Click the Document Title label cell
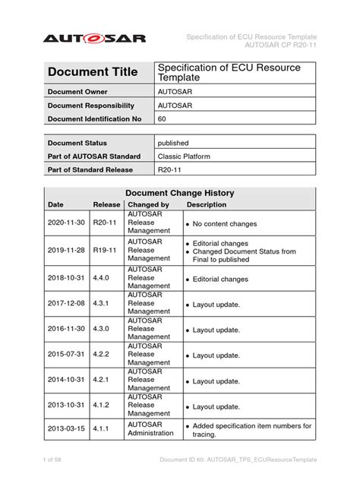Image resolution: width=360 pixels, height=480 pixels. (93, 72)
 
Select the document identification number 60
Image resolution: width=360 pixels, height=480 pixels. (163, 119)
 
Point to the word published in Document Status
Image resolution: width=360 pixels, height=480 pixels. (174, 143)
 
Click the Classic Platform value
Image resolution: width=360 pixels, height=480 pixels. (185, 156)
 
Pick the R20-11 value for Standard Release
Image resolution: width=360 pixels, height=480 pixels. (170, 170)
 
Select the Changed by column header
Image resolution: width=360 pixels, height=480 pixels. (148, 204)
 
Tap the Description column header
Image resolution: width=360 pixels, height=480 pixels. (207, 204)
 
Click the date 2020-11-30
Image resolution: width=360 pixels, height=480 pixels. (67, 224)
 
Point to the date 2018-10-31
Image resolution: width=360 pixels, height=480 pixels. (67, 279)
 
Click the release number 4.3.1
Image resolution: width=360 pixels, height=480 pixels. (102, 304)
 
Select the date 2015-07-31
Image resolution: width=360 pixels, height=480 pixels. (67, 355)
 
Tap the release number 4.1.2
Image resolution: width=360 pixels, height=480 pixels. (102, 406)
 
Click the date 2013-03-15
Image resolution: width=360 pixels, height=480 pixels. (67, 429)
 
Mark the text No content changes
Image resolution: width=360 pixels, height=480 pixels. (225, 224)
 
